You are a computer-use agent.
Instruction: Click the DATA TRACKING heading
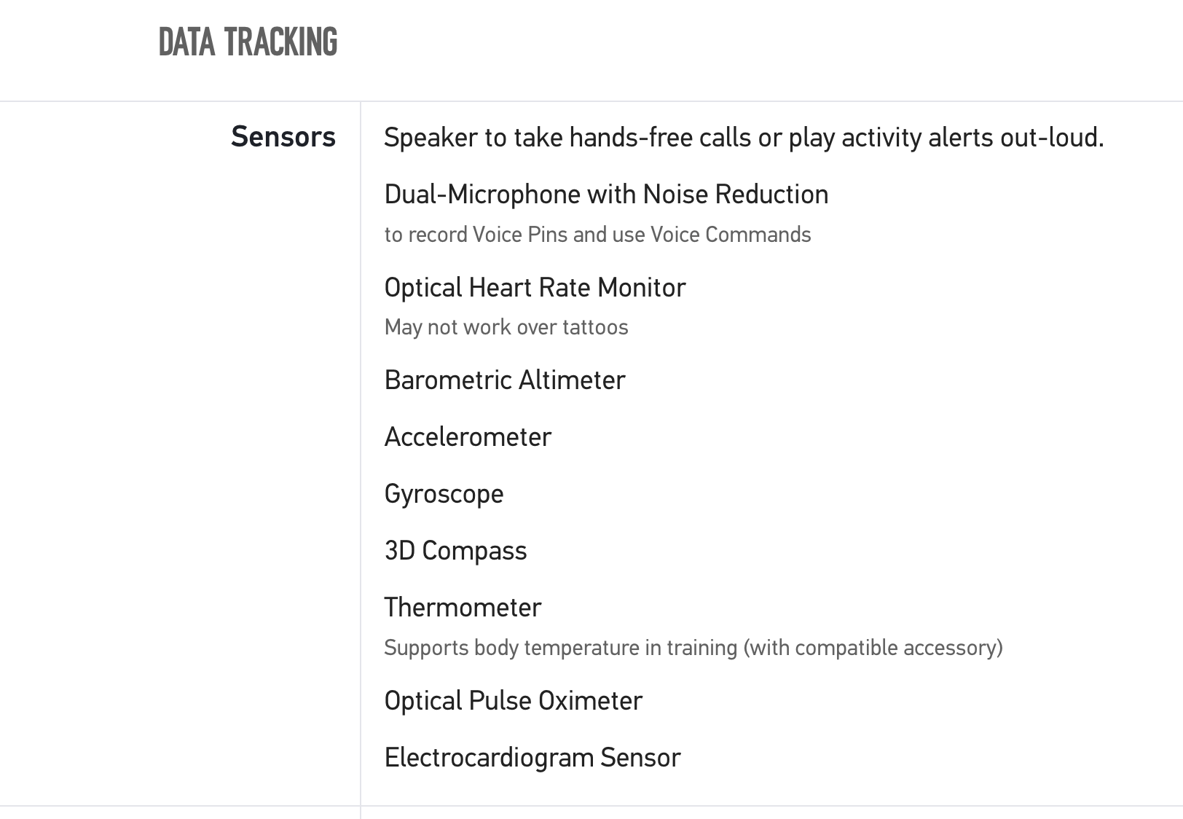click(248, 42)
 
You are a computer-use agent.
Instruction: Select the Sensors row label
click(283, 137)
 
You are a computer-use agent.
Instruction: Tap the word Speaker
click(431, 138)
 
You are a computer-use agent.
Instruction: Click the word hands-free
click(631, 138)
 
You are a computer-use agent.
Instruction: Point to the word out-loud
click(1051, 138)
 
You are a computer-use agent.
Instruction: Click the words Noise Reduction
click(736, 194)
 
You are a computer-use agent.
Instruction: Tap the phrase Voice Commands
click(731, 235)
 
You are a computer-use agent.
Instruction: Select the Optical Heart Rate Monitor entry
click(535, 288)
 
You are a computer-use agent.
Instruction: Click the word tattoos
click(595, 327)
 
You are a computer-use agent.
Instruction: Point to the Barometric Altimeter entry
click(505, 380)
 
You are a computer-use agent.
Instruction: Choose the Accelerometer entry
click(468, 437)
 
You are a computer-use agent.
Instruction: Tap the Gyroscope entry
click(444, 495)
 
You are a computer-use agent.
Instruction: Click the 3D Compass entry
click(456, 552)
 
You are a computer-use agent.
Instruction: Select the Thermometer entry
click(463, 608)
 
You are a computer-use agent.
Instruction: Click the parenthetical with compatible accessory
click(873, 648)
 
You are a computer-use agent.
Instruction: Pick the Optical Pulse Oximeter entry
click(514, 702)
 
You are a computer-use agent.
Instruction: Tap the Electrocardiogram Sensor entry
click(532, 759)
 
